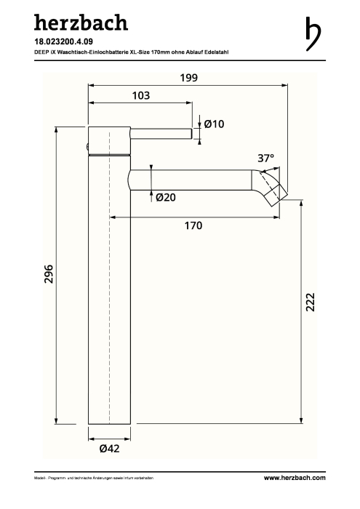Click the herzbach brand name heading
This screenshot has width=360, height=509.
tap(81, 23)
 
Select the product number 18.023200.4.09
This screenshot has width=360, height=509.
tap(63, 41)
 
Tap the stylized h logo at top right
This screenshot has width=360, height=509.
tap(313, 33)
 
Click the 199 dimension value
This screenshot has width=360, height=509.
tap(188, 78)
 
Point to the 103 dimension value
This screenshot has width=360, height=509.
tap(141, 95)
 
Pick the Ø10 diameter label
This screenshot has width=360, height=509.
tap(214, 124)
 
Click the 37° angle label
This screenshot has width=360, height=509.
tap(266, 158)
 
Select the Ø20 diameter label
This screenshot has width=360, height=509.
tap(166, 197)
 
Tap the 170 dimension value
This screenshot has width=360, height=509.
tap(193, 225)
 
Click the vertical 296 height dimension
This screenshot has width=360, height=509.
tap(49, 274)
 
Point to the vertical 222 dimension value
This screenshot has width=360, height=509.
tap(311, 302)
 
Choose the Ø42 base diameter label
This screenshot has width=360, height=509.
tap(109, 449)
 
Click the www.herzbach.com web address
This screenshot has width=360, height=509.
tap(295, 478)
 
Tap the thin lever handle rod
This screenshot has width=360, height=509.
tap(161, 134)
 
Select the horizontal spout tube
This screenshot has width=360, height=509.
tap(191, 180)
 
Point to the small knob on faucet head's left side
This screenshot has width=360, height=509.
tap(87, 147)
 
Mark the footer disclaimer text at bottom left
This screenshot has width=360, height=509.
tap(94, 478)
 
